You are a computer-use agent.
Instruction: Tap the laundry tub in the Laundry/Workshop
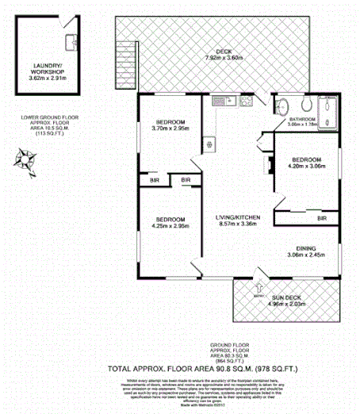pyautogui.click(x=70, y=41)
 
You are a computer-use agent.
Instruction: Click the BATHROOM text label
pyautogui.click(x=297, y=119)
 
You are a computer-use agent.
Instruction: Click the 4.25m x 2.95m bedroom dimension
pyautogui.click(x=170, y=226)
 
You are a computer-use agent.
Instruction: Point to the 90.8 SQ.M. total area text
pyautogui.click(x=216, y=368)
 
